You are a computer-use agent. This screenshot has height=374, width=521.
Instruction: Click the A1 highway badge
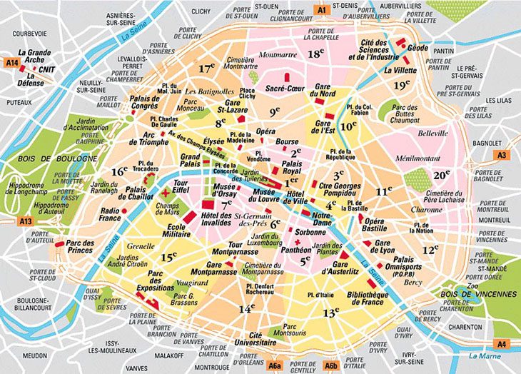coord(321,10)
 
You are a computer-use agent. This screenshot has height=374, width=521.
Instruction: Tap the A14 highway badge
coord(11,63)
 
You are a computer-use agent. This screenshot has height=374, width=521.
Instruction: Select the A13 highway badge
coord(26,222)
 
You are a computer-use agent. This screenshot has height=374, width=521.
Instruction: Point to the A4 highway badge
coord(502,343)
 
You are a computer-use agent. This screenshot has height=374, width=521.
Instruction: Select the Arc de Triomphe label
coord(150,138)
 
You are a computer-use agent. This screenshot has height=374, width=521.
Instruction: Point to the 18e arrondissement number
coord(316,54)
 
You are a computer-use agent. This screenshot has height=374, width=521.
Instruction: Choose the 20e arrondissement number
coord(442,174)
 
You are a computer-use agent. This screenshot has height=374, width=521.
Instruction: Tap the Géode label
coord(418,48)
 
